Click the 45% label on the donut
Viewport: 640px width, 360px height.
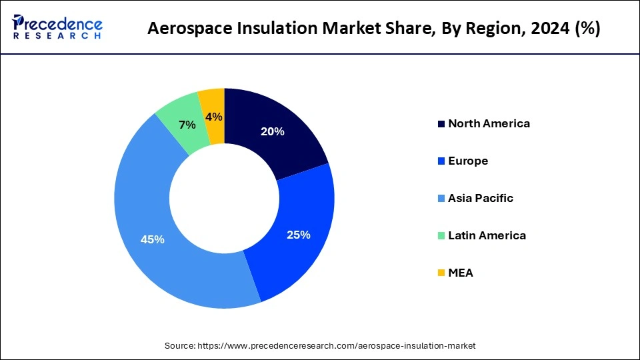[152, 239]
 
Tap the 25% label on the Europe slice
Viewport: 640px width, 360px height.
[297, 234]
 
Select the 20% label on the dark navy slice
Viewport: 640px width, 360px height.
[272, 131]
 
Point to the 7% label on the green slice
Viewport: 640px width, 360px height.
[187, 125]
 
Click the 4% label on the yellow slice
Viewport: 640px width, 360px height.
[214, 117]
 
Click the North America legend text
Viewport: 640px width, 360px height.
[489, 123]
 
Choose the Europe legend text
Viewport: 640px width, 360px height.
[468, 161]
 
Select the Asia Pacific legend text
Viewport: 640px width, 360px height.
[481, 198]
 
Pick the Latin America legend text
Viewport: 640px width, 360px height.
[487, 235]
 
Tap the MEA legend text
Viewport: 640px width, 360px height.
[461, 273]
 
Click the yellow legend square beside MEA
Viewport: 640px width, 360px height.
[441, 273]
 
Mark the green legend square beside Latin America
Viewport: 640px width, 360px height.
[441, 236]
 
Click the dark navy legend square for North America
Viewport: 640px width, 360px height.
[441, 124]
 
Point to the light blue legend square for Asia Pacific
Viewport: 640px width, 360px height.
[441, 199]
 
